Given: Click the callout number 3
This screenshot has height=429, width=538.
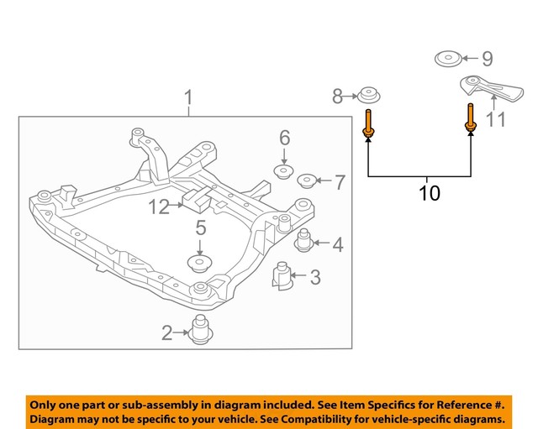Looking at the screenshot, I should [314, 277].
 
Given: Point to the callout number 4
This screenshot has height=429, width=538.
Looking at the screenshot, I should [337, 245].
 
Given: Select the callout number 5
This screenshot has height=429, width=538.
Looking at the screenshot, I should [201, 227].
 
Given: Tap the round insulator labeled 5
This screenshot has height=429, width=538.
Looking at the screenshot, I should [200, 264].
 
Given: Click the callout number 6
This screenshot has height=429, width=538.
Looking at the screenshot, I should [284, 138].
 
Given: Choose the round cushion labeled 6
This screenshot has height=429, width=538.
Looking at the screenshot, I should [284, 173].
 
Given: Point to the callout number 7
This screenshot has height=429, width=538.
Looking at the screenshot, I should [340, 181].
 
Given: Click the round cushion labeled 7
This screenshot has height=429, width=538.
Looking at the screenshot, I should [309, 180].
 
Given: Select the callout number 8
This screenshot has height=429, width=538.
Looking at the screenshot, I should [338, 97].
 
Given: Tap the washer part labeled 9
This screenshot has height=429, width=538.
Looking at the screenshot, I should [447, 60].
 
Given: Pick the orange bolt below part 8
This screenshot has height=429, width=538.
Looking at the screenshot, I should [368, 123].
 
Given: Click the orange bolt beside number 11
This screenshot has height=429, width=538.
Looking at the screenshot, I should [470, 118].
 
